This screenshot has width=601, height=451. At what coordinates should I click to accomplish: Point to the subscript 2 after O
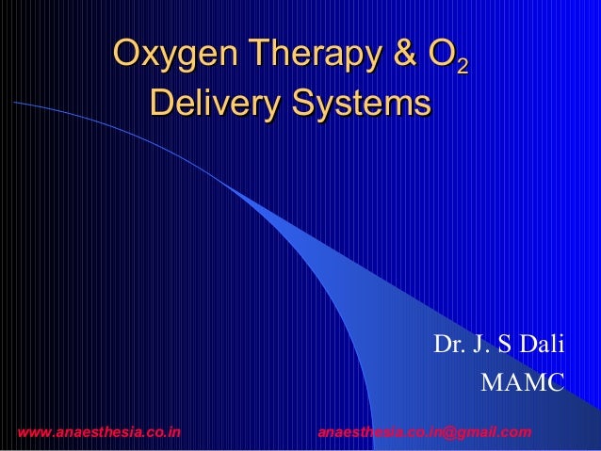click(x=460, y=66)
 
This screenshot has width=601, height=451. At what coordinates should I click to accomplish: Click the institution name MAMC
click(x=522, y=384)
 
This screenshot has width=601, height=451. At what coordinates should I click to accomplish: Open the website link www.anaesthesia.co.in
click(x=100, y=432)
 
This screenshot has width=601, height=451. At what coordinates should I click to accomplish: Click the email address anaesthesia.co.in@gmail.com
click(x=425, y=432)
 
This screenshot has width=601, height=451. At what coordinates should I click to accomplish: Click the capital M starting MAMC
click(x=491, y=384)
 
